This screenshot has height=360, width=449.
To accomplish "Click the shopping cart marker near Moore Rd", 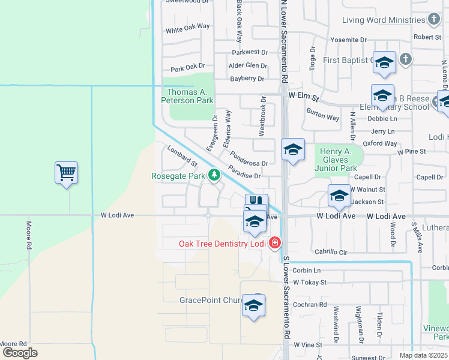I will [66, 173].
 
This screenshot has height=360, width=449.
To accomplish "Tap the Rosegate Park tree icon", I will [214, 175].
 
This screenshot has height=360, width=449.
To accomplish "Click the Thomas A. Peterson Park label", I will [190, 96].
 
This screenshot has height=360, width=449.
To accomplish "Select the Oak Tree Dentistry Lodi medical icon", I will [275, 243].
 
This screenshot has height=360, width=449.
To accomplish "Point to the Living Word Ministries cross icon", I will [434, 20].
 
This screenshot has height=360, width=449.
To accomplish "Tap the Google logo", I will [19, 353].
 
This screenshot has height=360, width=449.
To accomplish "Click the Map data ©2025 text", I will [424, 355].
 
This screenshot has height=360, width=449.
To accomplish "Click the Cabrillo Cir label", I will [331, 253].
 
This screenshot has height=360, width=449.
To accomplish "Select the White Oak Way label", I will [188, 28].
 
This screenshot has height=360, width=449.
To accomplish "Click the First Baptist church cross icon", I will [406, 59].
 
